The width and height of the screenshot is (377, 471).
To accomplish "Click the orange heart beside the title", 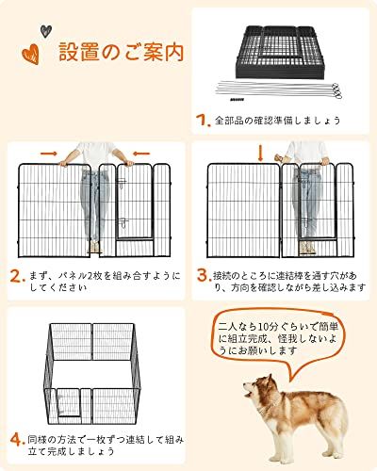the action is (x=31, y=54).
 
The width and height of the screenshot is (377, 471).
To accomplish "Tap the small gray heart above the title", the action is (x=46, y=31).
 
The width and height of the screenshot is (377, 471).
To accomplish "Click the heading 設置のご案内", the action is (x=122, y=52).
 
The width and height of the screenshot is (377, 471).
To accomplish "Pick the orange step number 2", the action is (x=18, y=276).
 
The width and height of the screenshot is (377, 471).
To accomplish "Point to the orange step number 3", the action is (x=204, y=276).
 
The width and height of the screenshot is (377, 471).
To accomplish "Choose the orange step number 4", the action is (x=18, y=440).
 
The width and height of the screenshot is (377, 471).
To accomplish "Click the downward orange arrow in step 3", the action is (x=260, y=154).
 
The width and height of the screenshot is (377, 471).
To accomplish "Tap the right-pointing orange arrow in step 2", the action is (x=49, y=154).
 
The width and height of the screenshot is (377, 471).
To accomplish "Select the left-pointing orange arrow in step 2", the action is (x=141, y=154).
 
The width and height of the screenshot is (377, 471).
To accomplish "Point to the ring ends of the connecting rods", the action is (x=336, y=91).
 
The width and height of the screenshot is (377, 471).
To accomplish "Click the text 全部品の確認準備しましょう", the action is (x=278, y=121).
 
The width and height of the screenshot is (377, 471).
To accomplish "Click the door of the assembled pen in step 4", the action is (x=70, y=403).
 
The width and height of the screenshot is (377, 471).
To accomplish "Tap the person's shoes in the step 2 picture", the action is (x=94, y=248).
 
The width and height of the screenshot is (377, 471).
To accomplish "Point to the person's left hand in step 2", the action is (x=129, y=163).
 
